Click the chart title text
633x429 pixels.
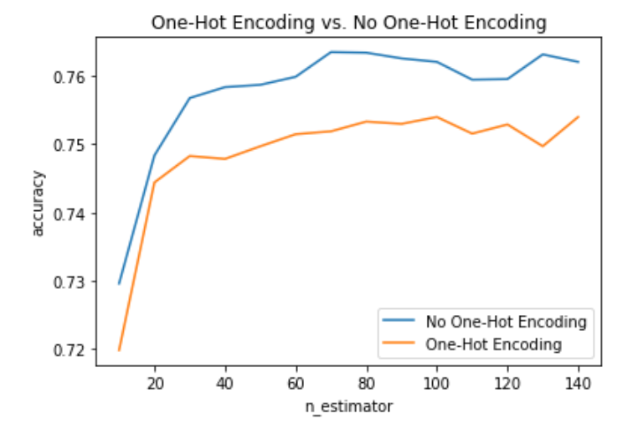click(x=348, y=23)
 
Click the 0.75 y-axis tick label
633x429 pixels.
click(x=70, y=145)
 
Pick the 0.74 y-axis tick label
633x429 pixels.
click(x=70, y=214)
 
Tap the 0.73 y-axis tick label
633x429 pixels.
click(x=70, y=282)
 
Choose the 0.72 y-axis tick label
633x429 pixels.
click(x=70, y=350)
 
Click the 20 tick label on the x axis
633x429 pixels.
click(x=155, y=384)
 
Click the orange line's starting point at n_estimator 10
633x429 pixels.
click(x=119, y=350)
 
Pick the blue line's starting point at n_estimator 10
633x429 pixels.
click(x=119, y=283)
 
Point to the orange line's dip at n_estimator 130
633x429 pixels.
click(x=543, y=146)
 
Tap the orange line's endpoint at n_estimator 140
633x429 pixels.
click(x=578, y=116)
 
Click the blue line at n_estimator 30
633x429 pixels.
click(x=190, y=98)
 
